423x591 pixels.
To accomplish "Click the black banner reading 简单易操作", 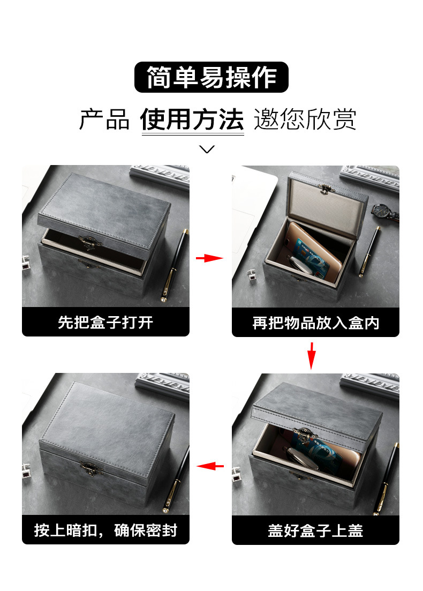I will pyautogui.click(x=211, y=77).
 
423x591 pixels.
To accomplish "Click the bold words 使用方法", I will pyautogui.click(x=192, y=119).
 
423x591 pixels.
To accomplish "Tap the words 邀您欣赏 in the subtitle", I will pyautogui.click(x=305, y=119).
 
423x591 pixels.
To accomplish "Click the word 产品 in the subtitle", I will pyautogui.click(x=104, y=119).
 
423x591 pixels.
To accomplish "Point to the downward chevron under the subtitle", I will pyautogui.click(x=207, y=149).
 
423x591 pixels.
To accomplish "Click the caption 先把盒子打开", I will pyautogui.click(x=105, y=322).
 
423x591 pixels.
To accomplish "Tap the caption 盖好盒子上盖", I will pyautogui.click(x=315, y=530).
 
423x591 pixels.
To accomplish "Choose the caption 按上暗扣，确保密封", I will pyautogui.click(x=105, y=530).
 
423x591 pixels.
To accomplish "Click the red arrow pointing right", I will pyautogui.click(x=209, y=258).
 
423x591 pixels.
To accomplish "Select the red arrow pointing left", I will pyautogui.click(x=210, y=466).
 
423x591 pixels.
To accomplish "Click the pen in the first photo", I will pyautogui.click(x=176, y=265).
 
